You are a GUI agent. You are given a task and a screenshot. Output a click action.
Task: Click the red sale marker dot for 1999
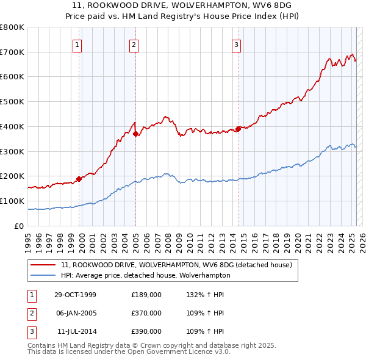click(79, 179)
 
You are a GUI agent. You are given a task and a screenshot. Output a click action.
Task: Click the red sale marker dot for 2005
click(135, 134)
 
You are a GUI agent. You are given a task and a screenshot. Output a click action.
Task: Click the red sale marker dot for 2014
click(238, 129)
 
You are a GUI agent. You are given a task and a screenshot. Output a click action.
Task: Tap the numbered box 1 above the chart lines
click(79, 44)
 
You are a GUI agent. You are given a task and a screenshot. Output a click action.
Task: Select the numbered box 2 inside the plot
click(134, 44)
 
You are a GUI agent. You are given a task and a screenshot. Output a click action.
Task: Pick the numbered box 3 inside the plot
click(236, 44)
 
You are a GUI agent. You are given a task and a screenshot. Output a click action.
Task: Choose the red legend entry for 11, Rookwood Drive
click(177, 265)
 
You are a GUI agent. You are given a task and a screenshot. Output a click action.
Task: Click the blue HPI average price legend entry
click(145, 276)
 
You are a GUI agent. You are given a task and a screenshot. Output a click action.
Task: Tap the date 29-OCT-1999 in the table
click(75, 295)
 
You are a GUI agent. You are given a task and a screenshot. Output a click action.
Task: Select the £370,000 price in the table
click(146, 313)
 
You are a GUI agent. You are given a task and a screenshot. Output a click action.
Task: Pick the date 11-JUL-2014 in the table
click(76, 331)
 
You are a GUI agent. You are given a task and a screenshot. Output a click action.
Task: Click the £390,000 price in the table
click(146, 331)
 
